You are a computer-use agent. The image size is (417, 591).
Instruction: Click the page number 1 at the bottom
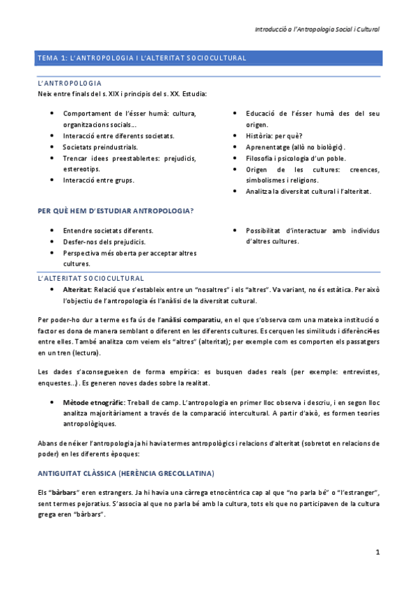(377, 553)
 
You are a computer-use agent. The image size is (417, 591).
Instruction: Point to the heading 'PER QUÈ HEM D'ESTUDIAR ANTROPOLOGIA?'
(116, 210)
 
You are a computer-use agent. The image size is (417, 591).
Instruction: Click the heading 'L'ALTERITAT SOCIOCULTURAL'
(91, 277)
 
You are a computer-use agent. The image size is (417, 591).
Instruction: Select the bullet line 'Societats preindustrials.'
(100, 147)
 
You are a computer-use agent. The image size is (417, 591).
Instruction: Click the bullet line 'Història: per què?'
(274, 136)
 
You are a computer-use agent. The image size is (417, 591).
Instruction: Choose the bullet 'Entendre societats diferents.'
(108, 230)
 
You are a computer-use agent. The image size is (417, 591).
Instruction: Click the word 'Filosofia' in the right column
(261, 158)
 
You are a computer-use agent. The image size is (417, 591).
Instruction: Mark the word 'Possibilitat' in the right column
(267, 230)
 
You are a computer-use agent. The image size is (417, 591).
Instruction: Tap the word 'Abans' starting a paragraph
(49, 443)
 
